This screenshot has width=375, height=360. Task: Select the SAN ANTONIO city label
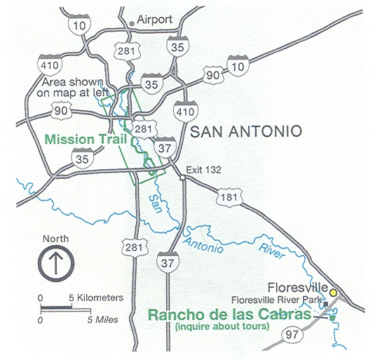[245, 131]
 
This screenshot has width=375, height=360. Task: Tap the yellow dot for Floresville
[334, 292]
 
